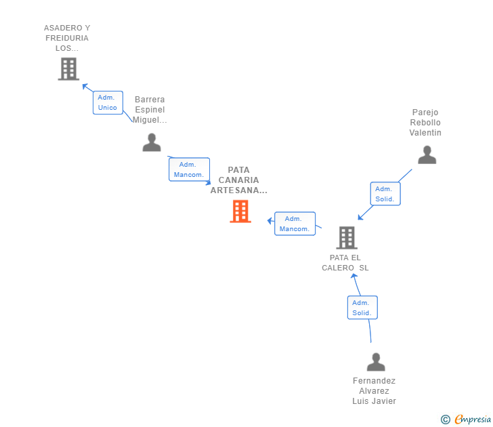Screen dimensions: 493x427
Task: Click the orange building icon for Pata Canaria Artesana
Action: point(240,211)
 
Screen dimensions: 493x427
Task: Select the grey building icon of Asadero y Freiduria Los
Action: point(68,69)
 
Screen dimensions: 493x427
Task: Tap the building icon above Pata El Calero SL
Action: point(347,237)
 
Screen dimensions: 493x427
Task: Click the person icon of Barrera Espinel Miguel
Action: point(152,142)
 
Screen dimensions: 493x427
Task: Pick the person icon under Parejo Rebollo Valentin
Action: point(427,155)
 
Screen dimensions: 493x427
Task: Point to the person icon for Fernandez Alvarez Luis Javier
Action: point(376,362)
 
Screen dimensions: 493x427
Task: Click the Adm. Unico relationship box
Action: point(108,102)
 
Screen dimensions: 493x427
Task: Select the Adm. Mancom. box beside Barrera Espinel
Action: point(189,169)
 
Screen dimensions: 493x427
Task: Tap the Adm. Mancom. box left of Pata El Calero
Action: point(295,224)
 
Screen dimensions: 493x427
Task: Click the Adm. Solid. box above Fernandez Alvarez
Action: point(362,308)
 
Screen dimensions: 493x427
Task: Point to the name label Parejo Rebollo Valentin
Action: point(425,123)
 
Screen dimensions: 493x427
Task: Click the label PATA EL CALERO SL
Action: point(345,262)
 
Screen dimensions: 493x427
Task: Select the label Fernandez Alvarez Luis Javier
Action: point(374,390)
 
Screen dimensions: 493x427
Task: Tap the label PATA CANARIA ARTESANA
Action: point(239,180)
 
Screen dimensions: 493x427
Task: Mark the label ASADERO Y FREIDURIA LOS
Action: point(67,38)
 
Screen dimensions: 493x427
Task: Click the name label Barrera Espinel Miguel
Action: point(150,110)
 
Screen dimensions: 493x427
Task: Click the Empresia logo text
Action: point(473,420)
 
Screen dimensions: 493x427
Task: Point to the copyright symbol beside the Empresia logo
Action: point(446,420)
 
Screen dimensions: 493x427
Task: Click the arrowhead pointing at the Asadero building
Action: point(85,86)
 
